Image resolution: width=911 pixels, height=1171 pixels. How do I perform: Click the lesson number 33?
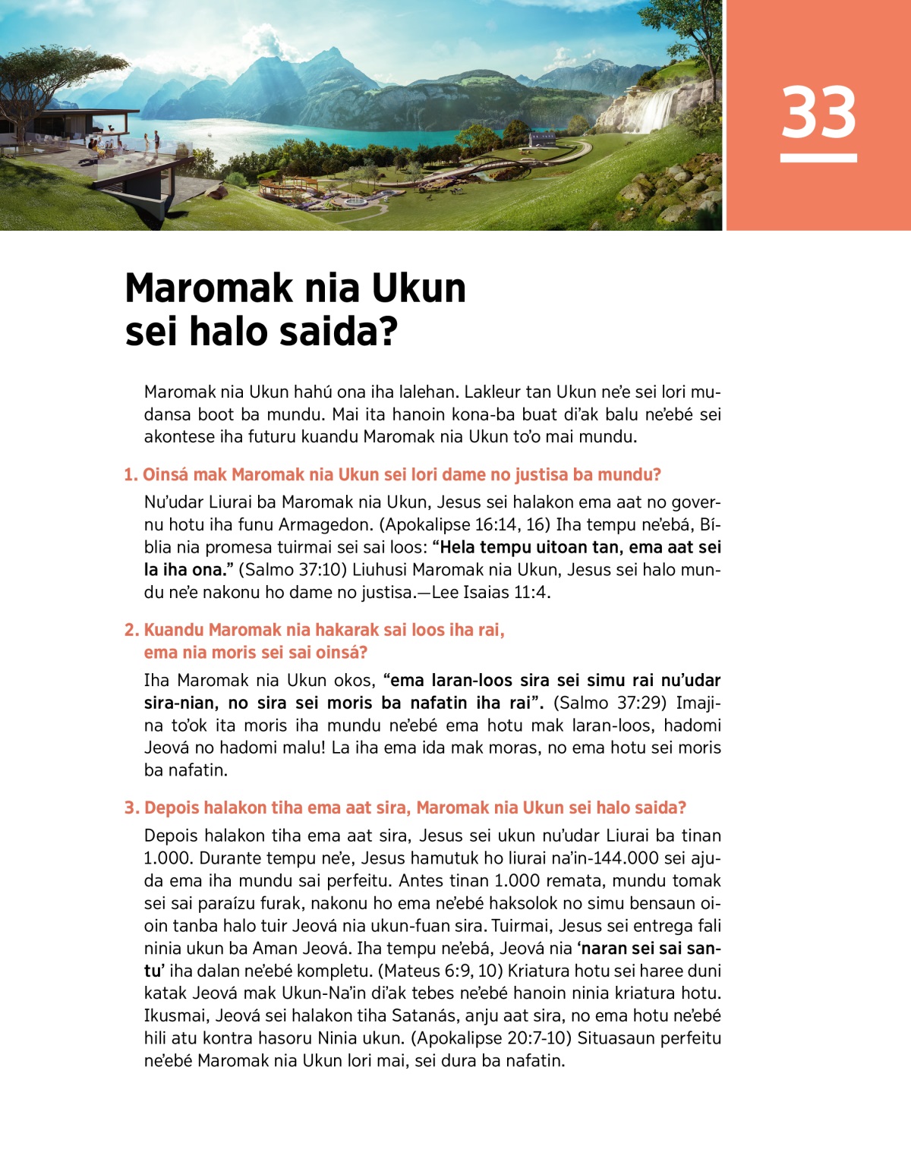[x=818, y=112]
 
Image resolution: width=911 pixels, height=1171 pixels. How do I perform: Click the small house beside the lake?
[x=541, y=140]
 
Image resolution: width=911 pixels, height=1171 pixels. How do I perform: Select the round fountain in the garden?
[x=355, y=203]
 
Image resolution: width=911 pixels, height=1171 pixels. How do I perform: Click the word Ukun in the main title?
[x=418, y=288]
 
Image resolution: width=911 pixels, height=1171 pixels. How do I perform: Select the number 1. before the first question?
[x=131, y=475]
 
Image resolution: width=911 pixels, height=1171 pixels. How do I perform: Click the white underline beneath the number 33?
[x=818, y=158]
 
